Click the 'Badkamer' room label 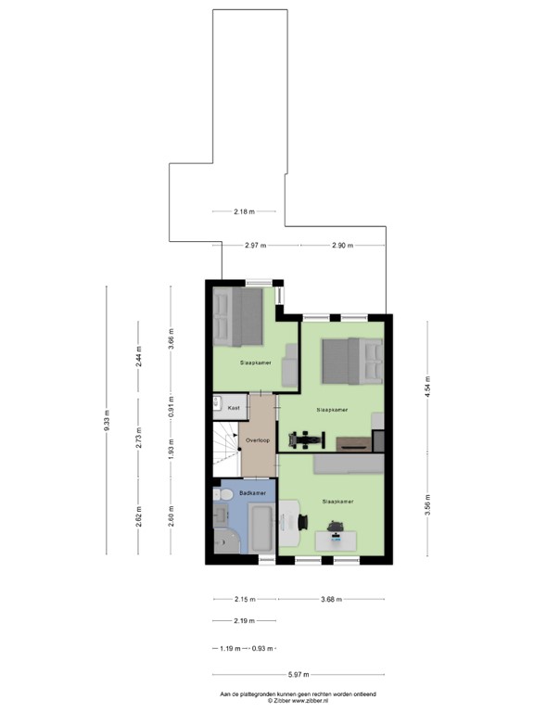tap(252, 492)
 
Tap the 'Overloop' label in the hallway tap(258, 440)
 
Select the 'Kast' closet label tap(234, 408)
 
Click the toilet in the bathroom tap(222, 494)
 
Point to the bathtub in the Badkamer tap(262, 528)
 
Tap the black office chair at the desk tap(302, 522)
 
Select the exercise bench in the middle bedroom tap(306, 439)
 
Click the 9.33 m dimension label tap(107, 420)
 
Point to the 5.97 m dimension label tap(299, 674)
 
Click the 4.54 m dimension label tap(427, 387)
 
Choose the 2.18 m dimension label tap(245, 211)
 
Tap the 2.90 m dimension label tap(342, 245)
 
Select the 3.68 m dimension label tap(332, 599)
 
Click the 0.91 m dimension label tap(171, 407)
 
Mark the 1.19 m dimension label tap(230, 648)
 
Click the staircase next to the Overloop tap(226, 449)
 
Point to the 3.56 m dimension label tap(427, 505)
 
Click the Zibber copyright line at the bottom tap(298, 701)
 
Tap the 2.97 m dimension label tap(255, 245)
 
